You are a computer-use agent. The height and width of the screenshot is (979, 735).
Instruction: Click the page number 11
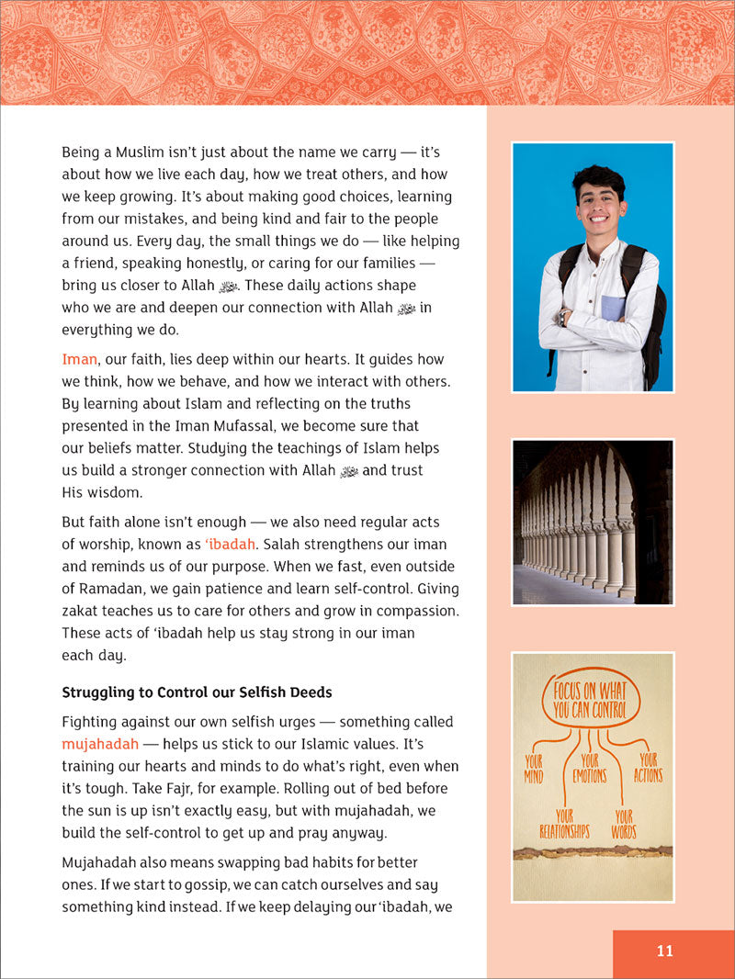(664, 951)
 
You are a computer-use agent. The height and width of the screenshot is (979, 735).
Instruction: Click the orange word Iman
(79, 359)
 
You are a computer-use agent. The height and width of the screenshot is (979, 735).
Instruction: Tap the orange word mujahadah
(99, 744)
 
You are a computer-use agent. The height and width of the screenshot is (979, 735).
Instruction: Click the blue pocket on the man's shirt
(613, 308)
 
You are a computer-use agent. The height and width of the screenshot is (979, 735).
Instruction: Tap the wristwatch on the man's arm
(562, 317)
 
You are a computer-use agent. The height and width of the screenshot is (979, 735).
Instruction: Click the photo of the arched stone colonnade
(593, 522)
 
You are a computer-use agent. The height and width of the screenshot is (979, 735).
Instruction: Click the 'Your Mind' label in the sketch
(534, 768)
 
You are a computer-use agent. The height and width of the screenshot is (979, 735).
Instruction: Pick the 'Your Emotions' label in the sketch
(589, 768)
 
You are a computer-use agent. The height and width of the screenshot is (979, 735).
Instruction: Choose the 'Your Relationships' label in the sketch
(563, 824)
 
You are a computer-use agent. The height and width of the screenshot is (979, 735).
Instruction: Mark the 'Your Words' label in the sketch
(624, 824)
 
